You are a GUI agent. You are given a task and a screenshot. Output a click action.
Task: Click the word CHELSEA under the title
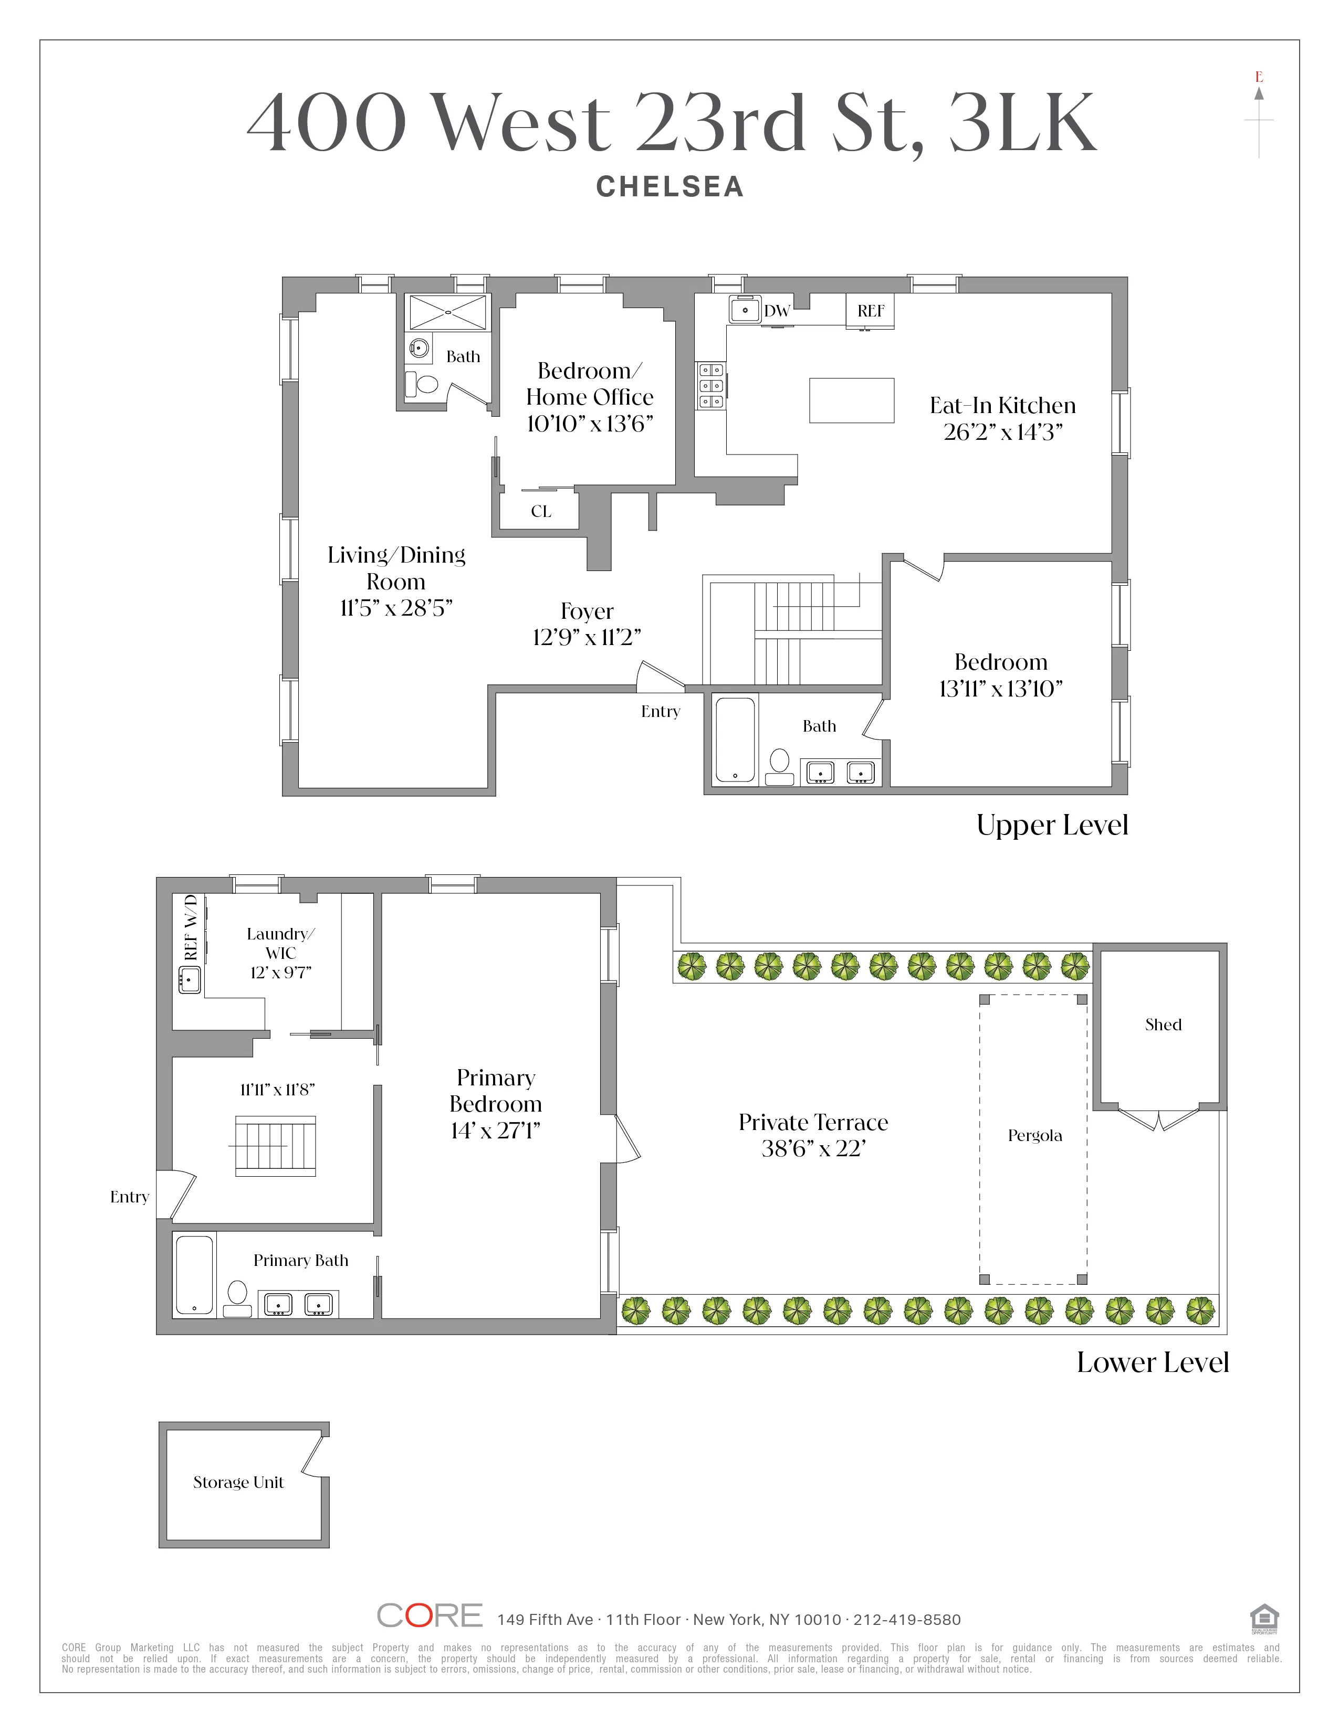[x=669, y=187]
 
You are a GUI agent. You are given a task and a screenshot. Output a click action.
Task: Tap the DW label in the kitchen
[x=777, y=311]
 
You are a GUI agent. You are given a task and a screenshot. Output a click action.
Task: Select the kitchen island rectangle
[x=851, y=400]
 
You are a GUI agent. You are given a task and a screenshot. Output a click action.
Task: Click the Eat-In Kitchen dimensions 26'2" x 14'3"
[x=1002, y=432]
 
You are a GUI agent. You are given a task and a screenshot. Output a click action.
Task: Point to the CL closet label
[x=541, y=512]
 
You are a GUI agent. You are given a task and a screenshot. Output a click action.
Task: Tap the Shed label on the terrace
[x=1163, y=1025]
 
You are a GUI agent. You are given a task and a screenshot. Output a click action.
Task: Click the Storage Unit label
[x=238, y=1482]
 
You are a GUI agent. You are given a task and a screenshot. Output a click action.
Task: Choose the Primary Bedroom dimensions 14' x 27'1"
[x=496, y=1131]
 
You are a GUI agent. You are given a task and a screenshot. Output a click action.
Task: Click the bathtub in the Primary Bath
[x=194, y=1274]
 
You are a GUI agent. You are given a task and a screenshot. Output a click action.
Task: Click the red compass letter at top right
[x=1259, y=77]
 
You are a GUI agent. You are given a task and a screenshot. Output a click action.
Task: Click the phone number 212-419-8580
[x=907, y=1619]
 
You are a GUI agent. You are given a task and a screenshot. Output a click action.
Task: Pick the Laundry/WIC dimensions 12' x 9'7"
[x=281, y=972]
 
